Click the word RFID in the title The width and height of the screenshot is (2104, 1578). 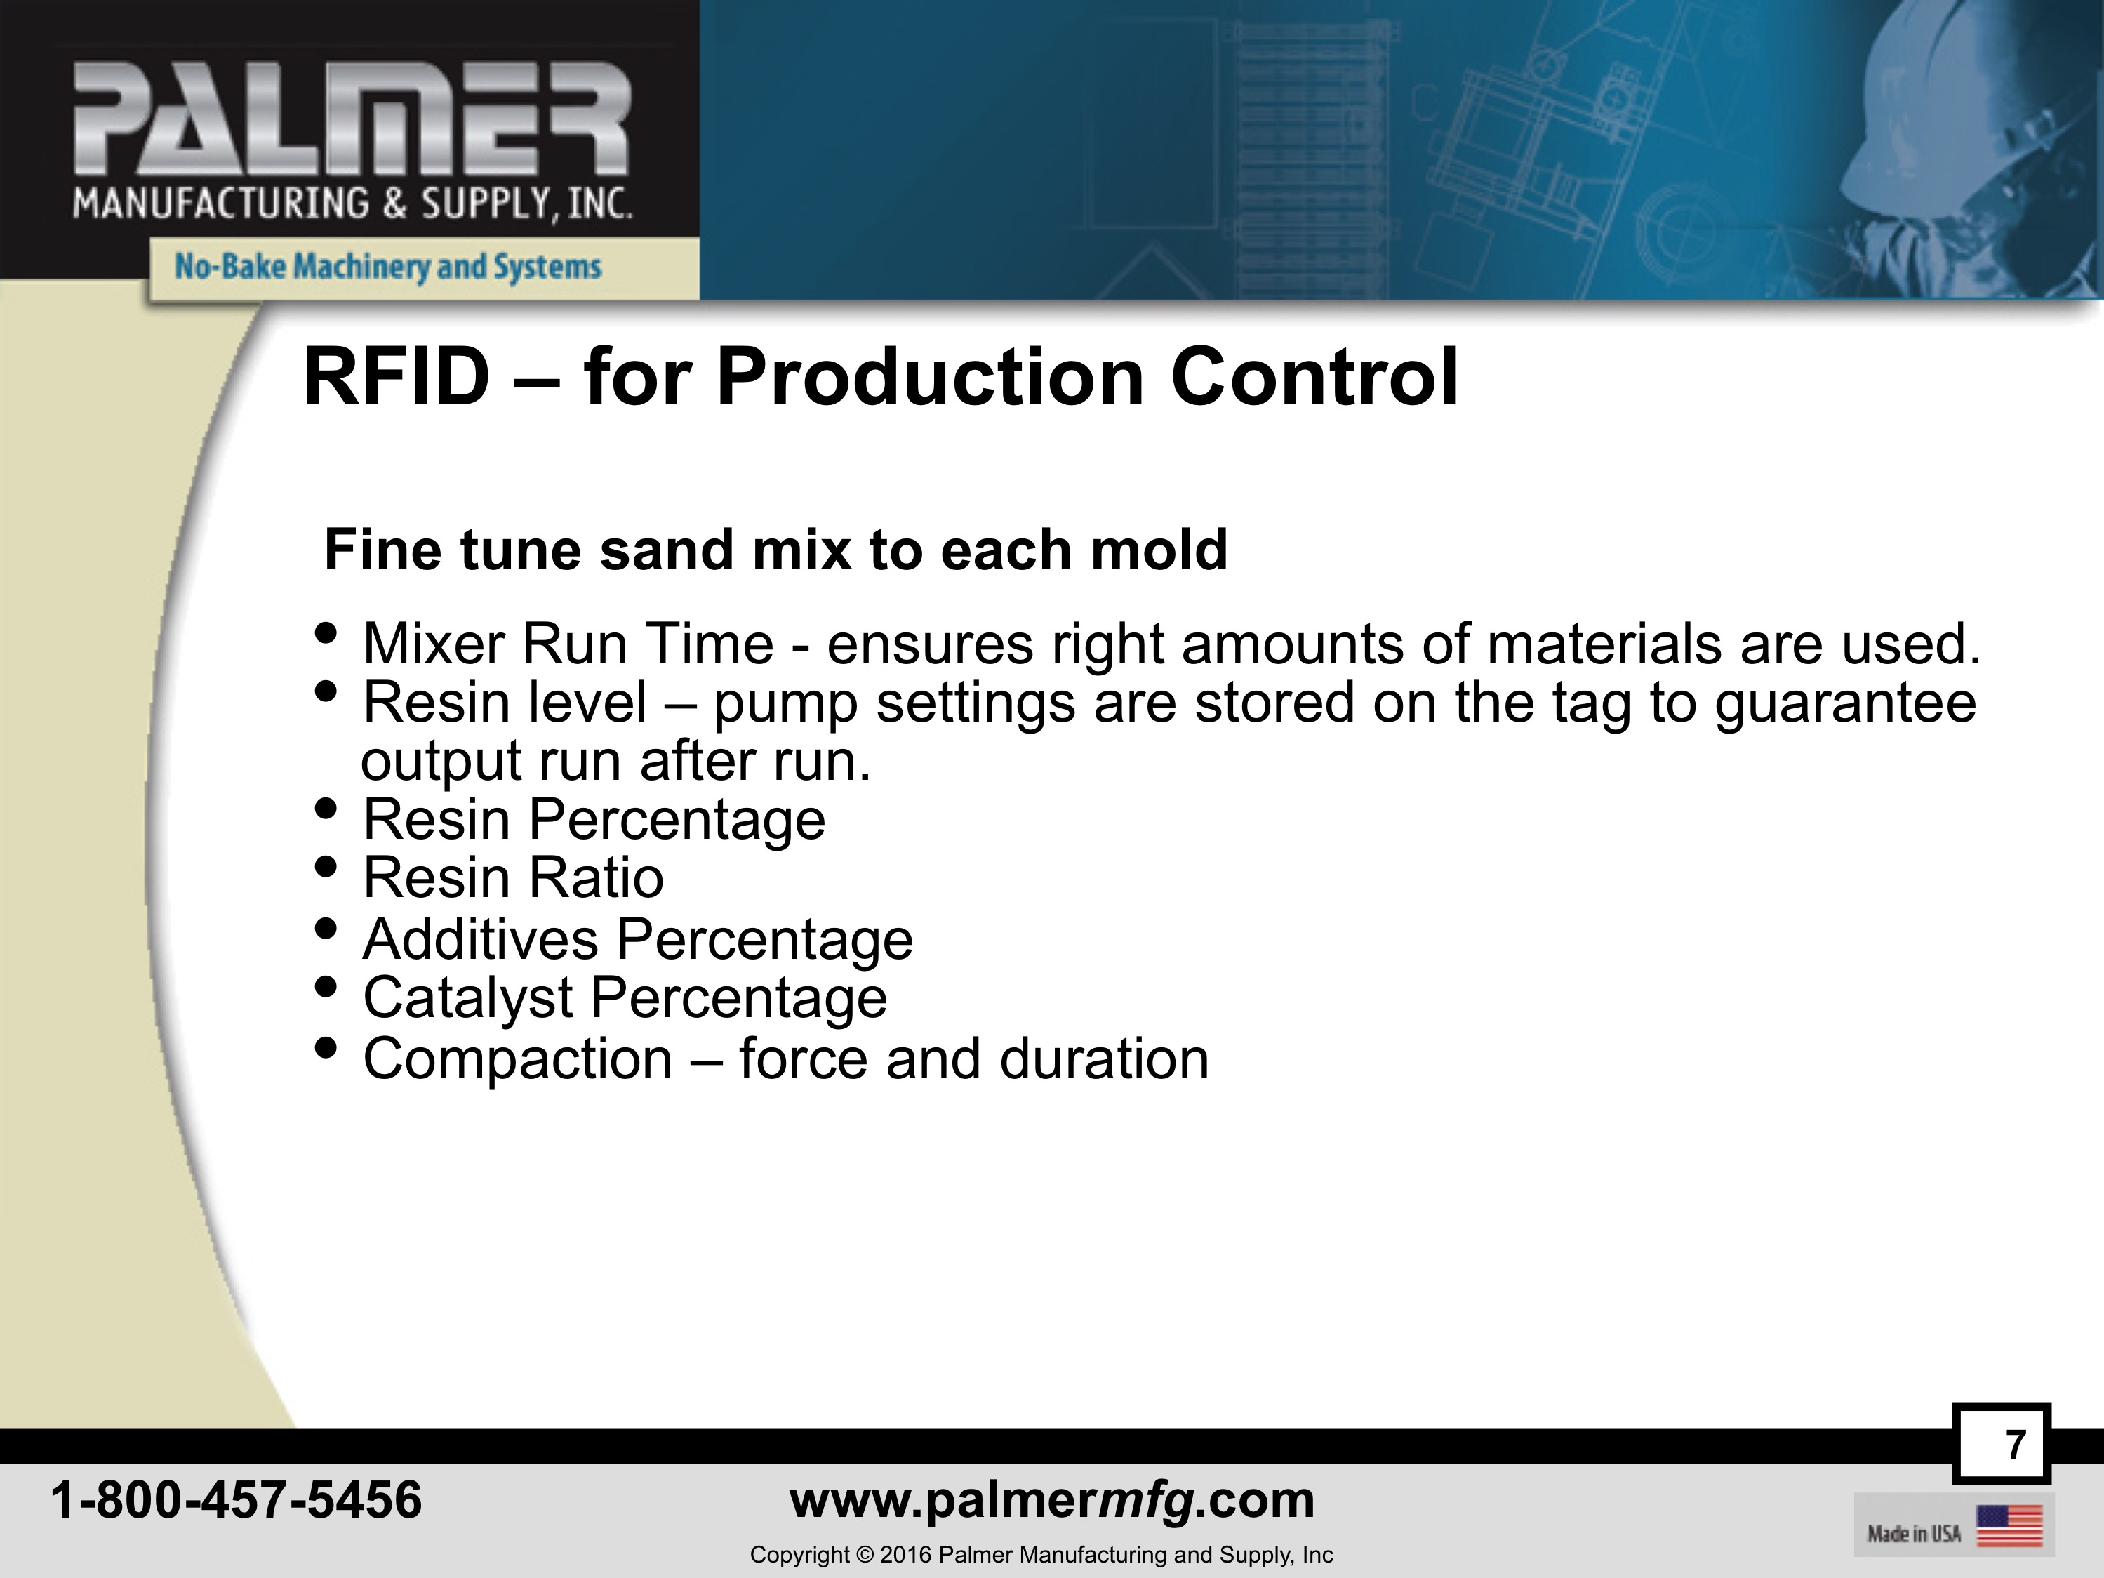(x=396, y=378)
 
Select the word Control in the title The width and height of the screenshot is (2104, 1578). (x=1314, y=378)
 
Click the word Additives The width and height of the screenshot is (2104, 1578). (x=480, y=939)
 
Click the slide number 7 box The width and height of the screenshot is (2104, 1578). (x=2002, y=1444)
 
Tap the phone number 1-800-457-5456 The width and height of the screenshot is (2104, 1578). (x=236, y=1500)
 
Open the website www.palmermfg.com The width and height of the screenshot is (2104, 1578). (x=1052, y=1501)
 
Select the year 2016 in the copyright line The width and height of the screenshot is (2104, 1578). (x=905, y=1555)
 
